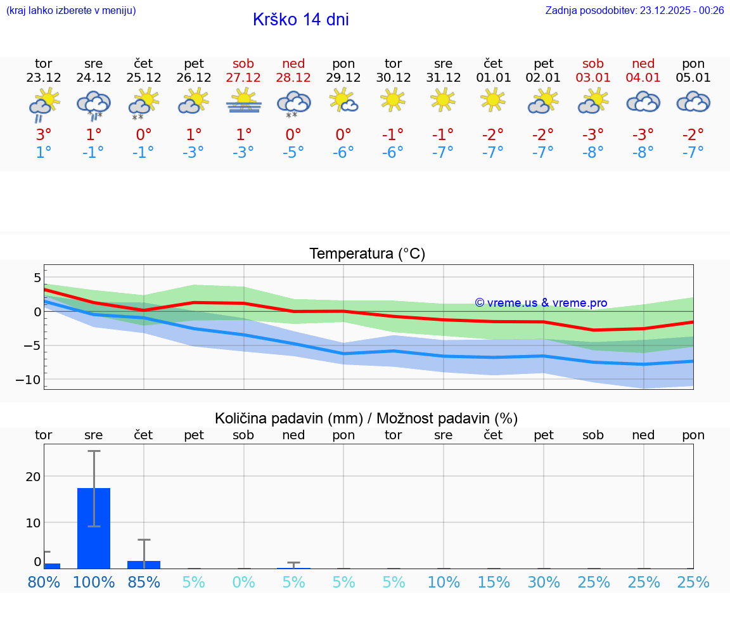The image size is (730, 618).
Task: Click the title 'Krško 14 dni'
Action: [300, 20]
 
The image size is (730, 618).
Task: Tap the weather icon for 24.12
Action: [94, 103]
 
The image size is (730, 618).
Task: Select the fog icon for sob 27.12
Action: [243, 101]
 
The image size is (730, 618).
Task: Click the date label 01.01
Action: [493, 78]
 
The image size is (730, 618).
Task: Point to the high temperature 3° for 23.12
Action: [43, 134]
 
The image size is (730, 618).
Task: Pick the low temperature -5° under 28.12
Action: [293, 152]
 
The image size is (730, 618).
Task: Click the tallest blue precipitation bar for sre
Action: [94, 527]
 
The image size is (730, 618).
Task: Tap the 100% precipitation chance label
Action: [94, 582]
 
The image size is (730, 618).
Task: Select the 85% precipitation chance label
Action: [144, 582]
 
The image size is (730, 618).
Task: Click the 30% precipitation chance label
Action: [544, 582]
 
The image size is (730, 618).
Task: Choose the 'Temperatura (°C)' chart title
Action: [367, 254]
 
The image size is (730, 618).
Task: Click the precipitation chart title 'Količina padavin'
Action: [366, 418]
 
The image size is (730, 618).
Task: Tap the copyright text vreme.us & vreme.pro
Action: [541, 303]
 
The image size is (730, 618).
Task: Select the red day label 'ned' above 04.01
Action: [643, 63]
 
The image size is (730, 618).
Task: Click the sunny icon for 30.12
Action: [393, 100]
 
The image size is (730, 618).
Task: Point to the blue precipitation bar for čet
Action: [144, 564]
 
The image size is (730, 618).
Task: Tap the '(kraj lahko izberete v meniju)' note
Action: [71, 10]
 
